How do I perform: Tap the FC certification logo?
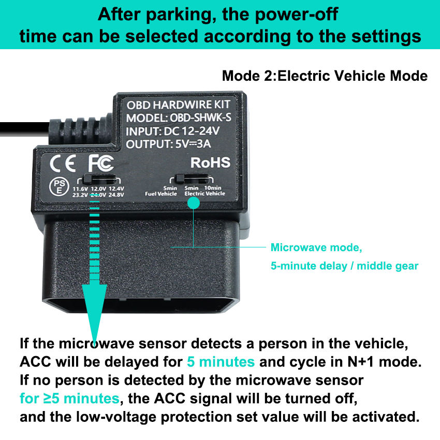click(100, 163)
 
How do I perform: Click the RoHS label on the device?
click(210, 163)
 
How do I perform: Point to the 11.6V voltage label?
click(80, 188)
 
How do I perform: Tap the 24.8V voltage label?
click(116, 195)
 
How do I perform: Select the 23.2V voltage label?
click(80, 195)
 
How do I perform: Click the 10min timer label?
click(213, 187)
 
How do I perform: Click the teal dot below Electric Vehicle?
click(193, 203)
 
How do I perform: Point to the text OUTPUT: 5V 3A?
click(171, 143)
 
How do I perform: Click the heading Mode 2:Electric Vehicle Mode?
click(325, 76)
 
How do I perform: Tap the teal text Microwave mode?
click(316, 247)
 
